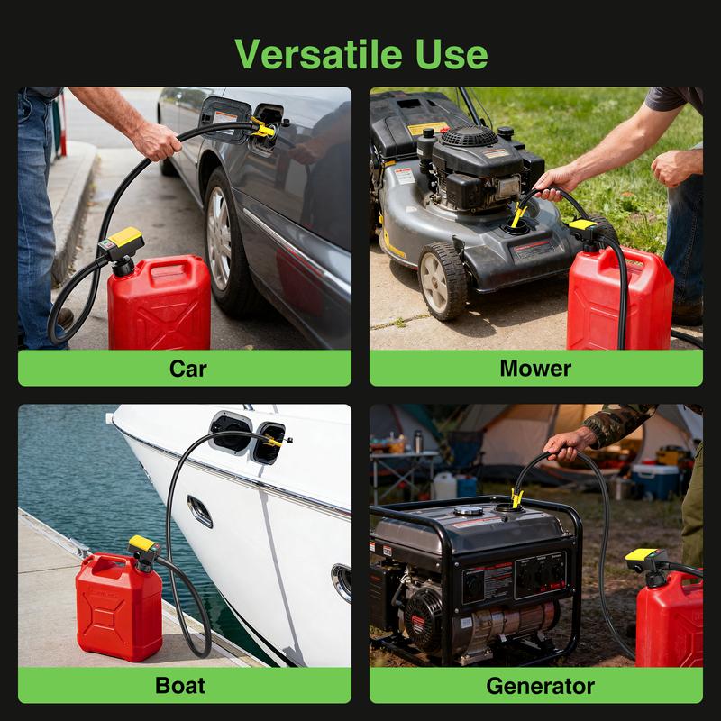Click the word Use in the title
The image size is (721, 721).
click(x=447, y=53)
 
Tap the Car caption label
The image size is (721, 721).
click(x=187, y=368)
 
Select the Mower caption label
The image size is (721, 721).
click(x=535, y=368)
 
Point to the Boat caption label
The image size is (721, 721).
click(x=180, y=685)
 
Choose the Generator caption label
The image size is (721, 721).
click(x=540, y=685)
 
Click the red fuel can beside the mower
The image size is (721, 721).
click(x=619, y=297)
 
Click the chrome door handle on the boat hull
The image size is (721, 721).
click(x=200, y=511)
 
